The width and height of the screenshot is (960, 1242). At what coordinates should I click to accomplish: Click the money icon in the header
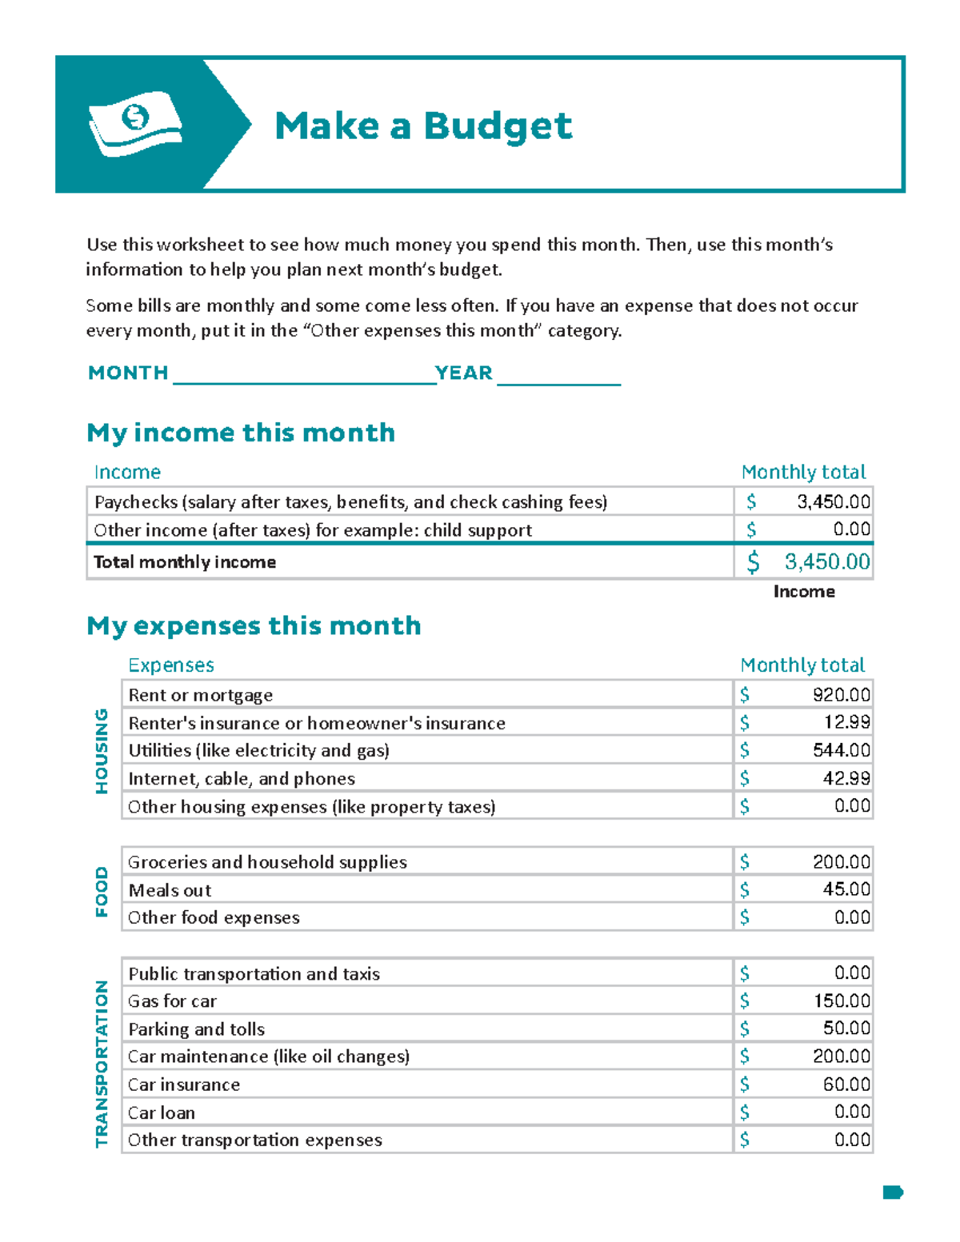(135, 123)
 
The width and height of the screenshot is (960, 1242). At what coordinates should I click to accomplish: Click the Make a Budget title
(423, 126)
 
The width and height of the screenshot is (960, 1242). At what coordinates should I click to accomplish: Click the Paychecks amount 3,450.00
(833, 502)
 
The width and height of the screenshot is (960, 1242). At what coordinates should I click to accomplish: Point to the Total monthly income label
(185, 562)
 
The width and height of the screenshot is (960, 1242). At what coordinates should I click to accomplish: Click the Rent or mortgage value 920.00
(841, 695)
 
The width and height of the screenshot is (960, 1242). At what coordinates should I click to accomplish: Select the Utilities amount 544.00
(841, 750)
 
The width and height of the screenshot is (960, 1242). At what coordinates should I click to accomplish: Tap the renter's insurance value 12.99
(846, 722)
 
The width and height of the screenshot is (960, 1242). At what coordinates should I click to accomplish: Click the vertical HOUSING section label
(102, 750)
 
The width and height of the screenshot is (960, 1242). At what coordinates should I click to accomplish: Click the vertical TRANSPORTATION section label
(102, 1064)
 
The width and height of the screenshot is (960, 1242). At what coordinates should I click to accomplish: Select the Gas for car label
(172, 1001)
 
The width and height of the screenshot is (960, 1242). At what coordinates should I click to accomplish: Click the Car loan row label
(162, 1112)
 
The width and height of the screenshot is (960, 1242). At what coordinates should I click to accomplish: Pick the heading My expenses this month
(254, 625)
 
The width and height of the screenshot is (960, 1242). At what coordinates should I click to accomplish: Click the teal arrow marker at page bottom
(892, 1192)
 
